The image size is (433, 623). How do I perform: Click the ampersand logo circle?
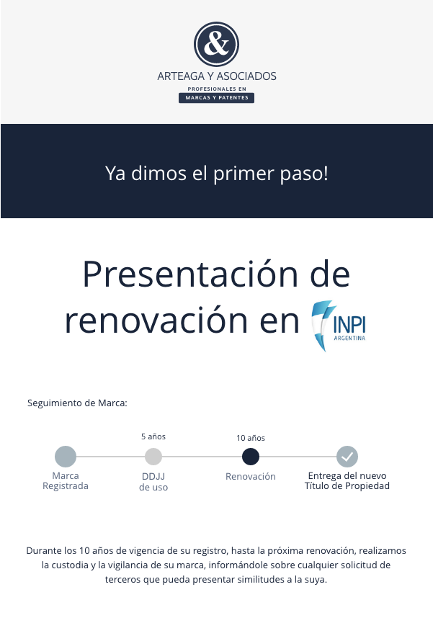pyautogui.click(x=216, y=44)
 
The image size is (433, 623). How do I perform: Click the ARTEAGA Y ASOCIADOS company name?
pyautogui.click(x=217, y=76)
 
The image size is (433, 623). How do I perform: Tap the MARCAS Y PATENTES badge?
pyautogui.click(x=216, y=98)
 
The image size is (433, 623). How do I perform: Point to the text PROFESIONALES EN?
pyautogui.click(x=217, y=89)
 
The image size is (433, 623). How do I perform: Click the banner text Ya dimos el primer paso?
pyautogui.click(x=217, y=174)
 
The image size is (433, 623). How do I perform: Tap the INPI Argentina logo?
pyautogui.click(x=339, y=326)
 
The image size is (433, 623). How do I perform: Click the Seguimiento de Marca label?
pyautogui.click(x=77, y=403)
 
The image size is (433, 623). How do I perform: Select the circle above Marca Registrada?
pyautogui.click(x=66, y=457)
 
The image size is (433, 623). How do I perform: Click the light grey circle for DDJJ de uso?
pyautogui.click(x=153, y=457)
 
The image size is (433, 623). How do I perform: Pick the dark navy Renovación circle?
pyautogui.click(x=251, y=457)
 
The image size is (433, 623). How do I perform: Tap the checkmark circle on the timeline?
pyautogui.click(x=347, y=457)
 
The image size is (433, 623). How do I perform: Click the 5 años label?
pyautogui.click(x=153, y=436)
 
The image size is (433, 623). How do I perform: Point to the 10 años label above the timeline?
pyautogui.click(x=251, y=438)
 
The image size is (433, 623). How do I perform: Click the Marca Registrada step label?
pyautogui.click(x=66, y=481)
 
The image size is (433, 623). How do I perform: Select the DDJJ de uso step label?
pyautogui.click(x=153, y=482)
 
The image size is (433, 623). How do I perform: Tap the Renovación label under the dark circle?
pyautogui.click(x=251, y=476)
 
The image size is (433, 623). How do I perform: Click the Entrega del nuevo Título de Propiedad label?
pyautogui.click(x=347, y=481)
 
